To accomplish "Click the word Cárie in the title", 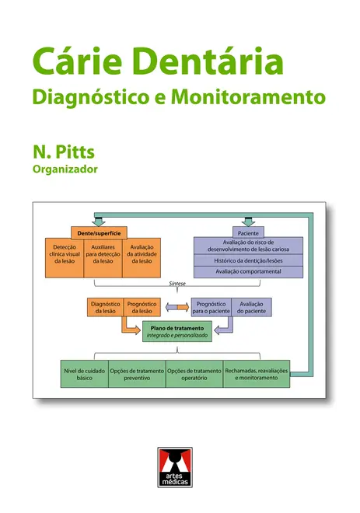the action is [77, 62].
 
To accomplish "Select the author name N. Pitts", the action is [64, 152].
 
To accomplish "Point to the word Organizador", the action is [65, 169].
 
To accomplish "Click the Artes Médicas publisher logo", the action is [175, 467].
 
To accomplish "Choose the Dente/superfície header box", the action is [99, 233].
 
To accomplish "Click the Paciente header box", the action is [248, 233].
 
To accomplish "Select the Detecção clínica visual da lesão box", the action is [65, 258].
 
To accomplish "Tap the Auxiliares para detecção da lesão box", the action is [103, 258].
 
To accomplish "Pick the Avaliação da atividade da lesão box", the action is [142, 258].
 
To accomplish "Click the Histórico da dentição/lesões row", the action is [248, 260].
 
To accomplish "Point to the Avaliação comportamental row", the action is [248, 271].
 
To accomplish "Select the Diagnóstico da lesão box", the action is [106, 307].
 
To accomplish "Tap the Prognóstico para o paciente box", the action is [211, 307].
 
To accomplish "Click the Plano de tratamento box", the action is [177, 331].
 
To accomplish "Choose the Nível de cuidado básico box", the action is [85, 374].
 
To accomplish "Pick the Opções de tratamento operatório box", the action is [194, 374].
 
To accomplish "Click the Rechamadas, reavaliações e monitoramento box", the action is [257, 374].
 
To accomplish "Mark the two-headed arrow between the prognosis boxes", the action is [177, 307].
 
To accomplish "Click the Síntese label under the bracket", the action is [177, 284].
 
